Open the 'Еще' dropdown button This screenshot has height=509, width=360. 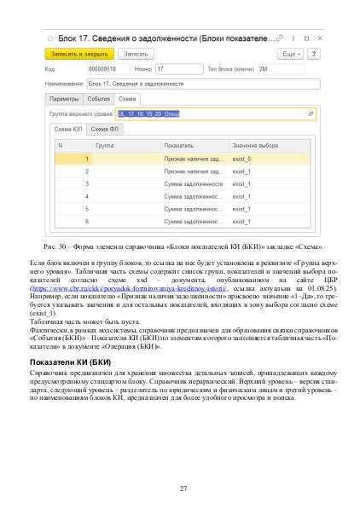[291, 54]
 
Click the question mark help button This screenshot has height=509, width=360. [313, 54]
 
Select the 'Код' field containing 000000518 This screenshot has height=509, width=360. [107, 69]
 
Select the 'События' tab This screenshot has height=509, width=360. [98, 99]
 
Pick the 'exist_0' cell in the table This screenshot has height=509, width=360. [242, 159]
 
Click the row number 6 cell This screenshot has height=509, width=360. [86, 222]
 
